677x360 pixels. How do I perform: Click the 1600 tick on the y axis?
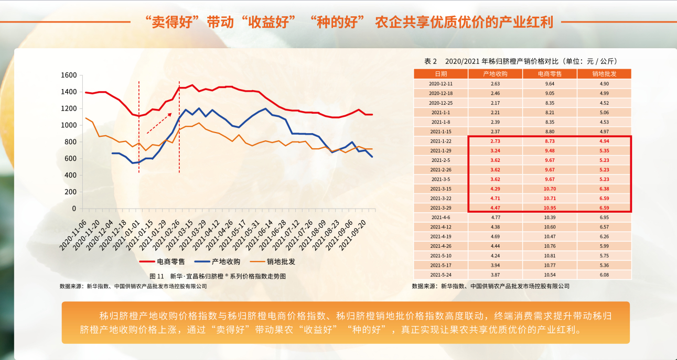(69, 75)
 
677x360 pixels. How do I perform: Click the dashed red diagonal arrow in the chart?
(159, 123)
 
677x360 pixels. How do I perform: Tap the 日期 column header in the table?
(440, 74)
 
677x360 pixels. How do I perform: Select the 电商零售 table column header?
(550, 74)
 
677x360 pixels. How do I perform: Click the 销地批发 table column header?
(604, 74)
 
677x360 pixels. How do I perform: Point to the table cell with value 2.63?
(495, 84)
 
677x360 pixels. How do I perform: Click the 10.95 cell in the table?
(550, 208)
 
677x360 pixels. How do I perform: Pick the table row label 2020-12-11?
(440, 84)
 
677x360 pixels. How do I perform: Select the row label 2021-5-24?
(440, 275)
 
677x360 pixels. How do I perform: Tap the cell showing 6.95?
(604, 217)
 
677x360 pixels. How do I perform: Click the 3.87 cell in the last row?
(495, 275)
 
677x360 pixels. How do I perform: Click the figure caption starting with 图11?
(218, 276)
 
